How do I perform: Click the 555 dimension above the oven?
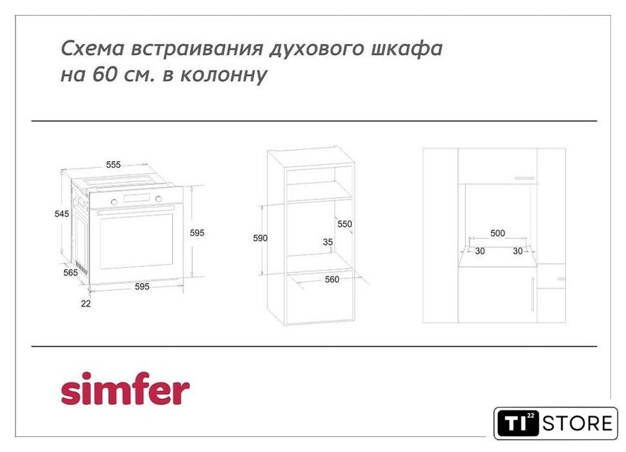pyautogui.click(x=113, y=165)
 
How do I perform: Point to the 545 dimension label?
pyautogui.click(x=62, y=214)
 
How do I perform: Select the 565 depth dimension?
pyautogui.click(x=71, y=272)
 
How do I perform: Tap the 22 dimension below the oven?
pyautogui.click(x=86, y=304)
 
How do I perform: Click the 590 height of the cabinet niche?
pyautogui.click(x=260, y=238)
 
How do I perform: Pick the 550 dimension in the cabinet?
pyautogui.click(x=345, y=224)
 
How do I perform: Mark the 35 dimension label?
pyautogui.click(x=328, y=242)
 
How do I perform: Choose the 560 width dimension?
pyautogui.click(x=332, y=280)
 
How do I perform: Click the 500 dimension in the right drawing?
pyautogui.click(x=498, y=233)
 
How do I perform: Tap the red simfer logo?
pyautogui.click(x=125, y=389)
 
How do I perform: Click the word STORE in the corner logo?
pyautogui.click(x=578, y=424)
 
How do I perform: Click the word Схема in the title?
pyautogui.click(x=92, y=48)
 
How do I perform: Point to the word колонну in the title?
pyautogui.click(x=224, y=75)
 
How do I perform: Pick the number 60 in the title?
pyautogui.click(x=104, y=75)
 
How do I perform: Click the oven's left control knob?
pyautogui.click(x=114, y=202)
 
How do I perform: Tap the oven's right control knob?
pyautogui.click(x=159, y=198)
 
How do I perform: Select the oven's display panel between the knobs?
pyautogui.click(x=136, y=198)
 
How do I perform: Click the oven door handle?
pyautogui.click(x=136, y=210)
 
